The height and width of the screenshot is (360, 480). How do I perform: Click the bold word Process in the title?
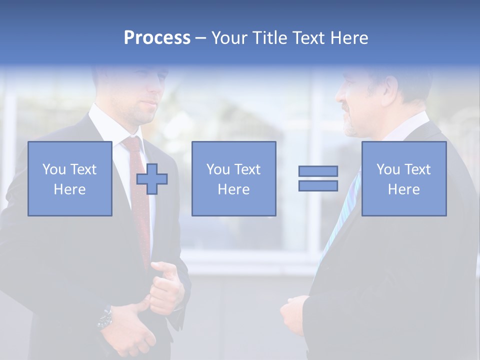tap(157, 38)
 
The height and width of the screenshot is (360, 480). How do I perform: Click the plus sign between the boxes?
tap(152, 179)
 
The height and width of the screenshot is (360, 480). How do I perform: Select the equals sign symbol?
tap(318, 178)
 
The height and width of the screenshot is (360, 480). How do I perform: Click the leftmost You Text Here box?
tap(70, 179)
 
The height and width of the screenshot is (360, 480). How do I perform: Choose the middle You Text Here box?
tap(233, 179)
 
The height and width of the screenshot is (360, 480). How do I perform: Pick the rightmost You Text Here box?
tap(403, 179)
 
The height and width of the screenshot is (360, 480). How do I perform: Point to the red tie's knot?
tap(132, 144)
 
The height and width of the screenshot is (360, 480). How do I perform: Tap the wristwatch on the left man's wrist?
tap(105, 318)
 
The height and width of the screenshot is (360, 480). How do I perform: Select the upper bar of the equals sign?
tap(318, 171)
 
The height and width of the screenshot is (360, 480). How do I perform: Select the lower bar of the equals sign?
tap(318, 186)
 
